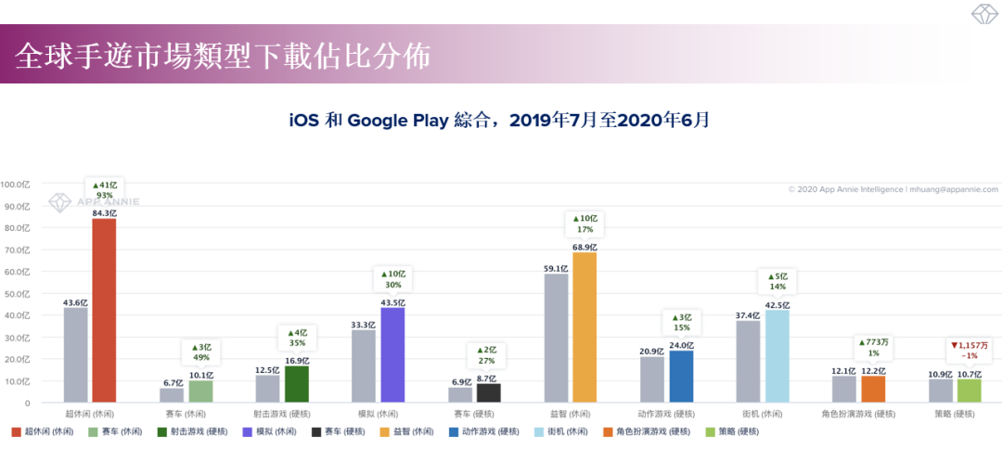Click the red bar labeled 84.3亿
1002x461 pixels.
(x=104, y=311)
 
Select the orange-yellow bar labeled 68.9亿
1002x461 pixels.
(x=584, y=327)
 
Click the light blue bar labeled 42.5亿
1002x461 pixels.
(x=777, y=356)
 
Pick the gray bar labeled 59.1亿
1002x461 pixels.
(x=556, y=339)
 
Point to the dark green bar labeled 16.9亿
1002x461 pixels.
(x=297, y=384)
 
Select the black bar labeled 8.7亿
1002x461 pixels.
(x=488, y=393)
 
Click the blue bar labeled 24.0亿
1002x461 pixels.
(x=681, y=377)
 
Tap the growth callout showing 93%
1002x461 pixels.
(x=104, y=189)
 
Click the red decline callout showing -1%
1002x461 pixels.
(x=969, y=350)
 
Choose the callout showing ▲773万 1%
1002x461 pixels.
(x=873, y=347)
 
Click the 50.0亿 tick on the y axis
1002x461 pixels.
(x=18, y=293)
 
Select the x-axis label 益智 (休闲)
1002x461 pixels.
(x=570, y=415)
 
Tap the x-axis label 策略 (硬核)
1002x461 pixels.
(x=954, y=415)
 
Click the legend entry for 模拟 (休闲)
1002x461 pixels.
(x=274, y=431)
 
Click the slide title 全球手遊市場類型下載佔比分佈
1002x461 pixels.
(x=223, y=57)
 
